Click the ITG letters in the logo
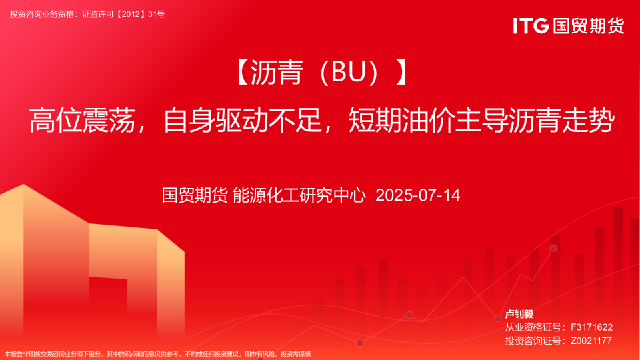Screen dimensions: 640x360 [531, 26]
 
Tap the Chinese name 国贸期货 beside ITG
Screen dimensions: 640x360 [589, 26]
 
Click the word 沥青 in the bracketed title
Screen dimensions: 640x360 [276, 72]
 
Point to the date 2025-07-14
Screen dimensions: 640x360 [417, 195]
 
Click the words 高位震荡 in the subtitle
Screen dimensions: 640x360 [82, 120]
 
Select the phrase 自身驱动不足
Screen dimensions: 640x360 [243, 120]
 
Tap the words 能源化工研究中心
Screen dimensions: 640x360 [299, 195]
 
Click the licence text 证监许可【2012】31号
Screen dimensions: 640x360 [123, 14]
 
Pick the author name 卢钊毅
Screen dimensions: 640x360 [519, 314]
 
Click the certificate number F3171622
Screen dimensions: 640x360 [591, 327]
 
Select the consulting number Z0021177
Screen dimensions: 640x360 [591, 341]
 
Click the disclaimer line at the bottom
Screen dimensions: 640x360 [157, 354]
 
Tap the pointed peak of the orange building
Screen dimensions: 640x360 [23, 185]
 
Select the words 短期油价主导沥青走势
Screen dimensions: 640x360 [481, 120]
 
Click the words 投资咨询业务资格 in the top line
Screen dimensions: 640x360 [42, 14]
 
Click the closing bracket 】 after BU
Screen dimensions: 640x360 [402, 72]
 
